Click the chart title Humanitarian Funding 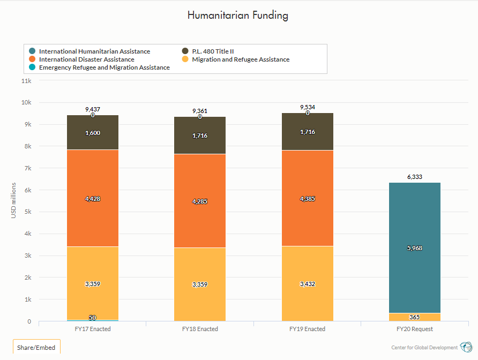(x=238, y=15)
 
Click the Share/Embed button (x=36, y=348)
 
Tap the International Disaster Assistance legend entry (x=86, y=59)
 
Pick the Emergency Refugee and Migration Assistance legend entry (x=104, y=67)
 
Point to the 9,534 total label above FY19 (x=307, y=107)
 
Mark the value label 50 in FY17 (x=93, y=318)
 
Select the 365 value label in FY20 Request (x=414, y=317)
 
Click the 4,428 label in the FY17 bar (x=93, y=199)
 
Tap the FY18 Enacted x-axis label (x=200, y=329)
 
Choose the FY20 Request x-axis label (x=414, y=329)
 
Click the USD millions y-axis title (x=14, y=201)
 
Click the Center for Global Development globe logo (x=467, y=347)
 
